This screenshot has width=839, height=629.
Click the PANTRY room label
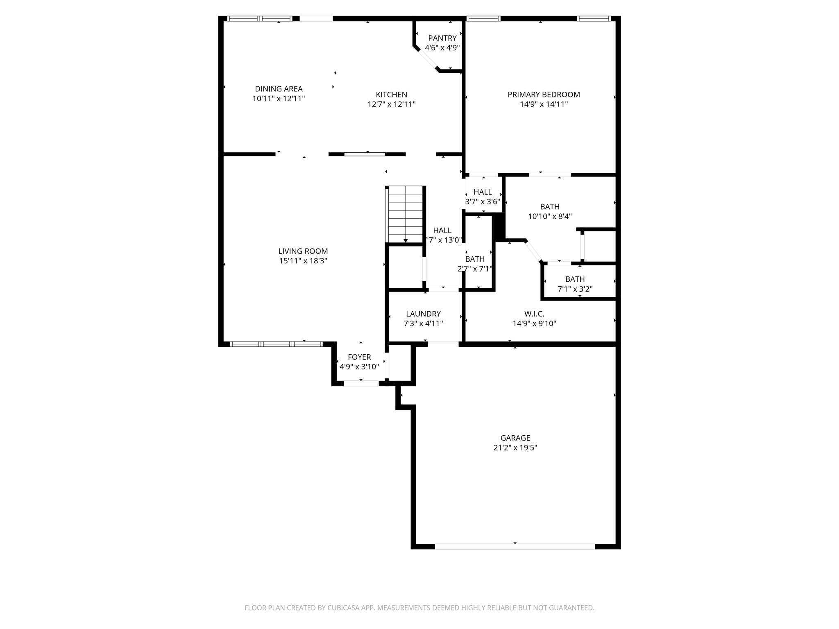coord(442,38)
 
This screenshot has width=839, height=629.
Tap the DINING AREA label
coord(279,89)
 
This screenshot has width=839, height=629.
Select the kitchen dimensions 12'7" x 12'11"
coord(391,104)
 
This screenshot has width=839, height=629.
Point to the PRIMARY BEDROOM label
coord(544,95)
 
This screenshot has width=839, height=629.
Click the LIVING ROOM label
coord(303,251)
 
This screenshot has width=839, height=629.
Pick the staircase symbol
coord(405,214)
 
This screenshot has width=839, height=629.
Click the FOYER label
coord(359,357)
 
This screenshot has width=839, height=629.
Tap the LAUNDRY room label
coord(423,314)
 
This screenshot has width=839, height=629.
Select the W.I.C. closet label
coord(534,314)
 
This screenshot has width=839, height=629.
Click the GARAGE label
coord(515,438)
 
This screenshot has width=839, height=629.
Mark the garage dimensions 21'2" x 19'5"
coord(515,448)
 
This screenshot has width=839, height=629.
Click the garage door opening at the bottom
coord(515,546)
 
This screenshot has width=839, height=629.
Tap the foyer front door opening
coord(361,383)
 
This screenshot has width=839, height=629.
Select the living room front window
coord(277,344)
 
